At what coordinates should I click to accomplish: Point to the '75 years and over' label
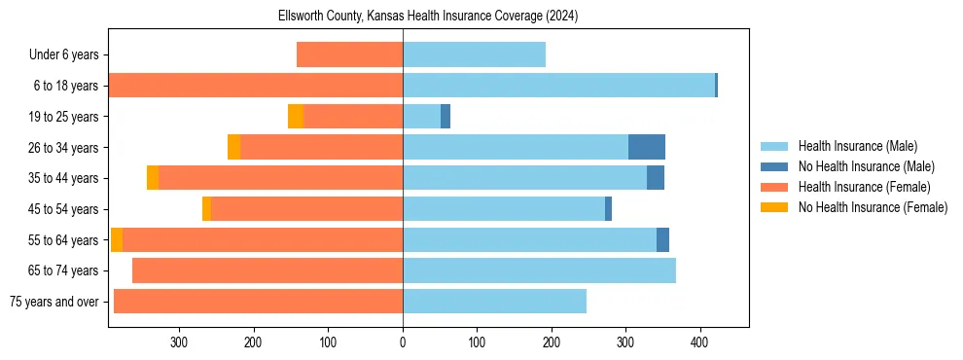[x=54, y=302]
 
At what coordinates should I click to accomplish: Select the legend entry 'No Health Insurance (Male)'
[x=866, y=166]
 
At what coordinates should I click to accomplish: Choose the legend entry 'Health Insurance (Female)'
[x=864, y=187]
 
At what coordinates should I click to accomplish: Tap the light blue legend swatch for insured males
[x=773, y=146]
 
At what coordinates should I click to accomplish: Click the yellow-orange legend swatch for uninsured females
[x=773, y=207]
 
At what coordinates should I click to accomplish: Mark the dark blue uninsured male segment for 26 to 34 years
[x=647, y=147]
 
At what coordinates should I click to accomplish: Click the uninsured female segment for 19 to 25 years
[x=296, y=117]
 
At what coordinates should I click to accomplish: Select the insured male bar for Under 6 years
[x=474, y=55]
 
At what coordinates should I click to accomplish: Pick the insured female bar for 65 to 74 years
[x=267, y=270]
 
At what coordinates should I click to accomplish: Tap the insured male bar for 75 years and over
[x=494, y=302]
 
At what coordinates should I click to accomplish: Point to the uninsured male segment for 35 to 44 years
[x=656, y=178]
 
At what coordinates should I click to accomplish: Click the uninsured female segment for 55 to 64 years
[x=117, y=239]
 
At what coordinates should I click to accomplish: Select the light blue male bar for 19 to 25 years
[x=421, y=117]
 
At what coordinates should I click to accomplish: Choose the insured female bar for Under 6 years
[x=349, y=55]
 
